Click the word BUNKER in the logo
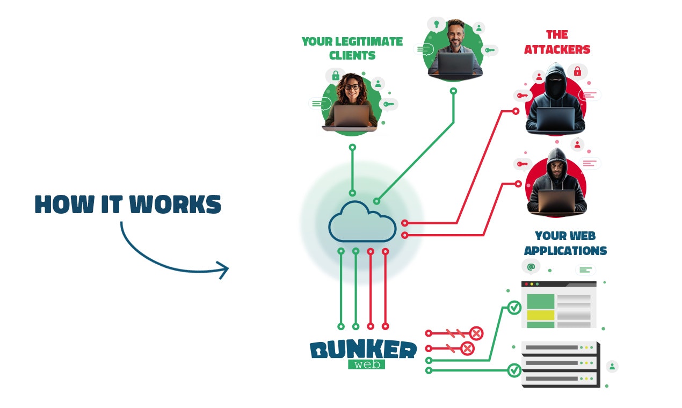point(363,350)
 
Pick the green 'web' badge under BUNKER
point(366,365)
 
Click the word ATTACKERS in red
point(557,49)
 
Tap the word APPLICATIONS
point(565,251)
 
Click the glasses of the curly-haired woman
point(352,87)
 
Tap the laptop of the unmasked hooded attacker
point(556,201)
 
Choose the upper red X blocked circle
point(476,333)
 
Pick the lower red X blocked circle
point(467,349)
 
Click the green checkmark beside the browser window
point(514,308)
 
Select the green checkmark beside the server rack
point(514,370)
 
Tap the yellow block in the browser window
point(540,315)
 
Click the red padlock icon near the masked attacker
point(578,71)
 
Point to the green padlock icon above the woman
point(336,75)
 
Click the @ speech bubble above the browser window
point(531,266)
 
